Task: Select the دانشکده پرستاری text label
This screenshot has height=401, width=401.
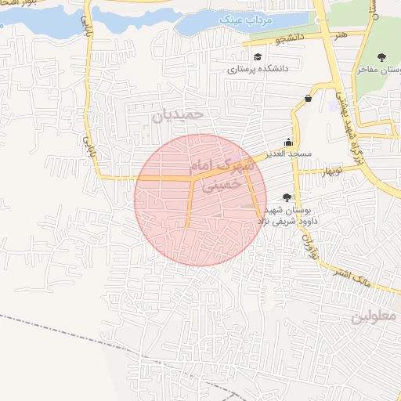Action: coord(258,69)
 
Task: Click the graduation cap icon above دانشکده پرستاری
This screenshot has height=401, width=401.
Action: coord(258,56)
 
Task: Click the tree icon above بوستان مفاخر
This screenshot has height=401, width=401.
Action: coord(381,56)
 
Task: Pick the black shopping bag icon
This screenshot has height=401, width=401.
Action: coord(308,98)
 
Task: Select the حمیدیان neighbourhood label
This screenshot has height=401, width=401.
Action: coord(178,115)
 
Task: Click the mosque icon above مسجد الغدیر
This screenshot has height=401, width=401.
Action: coord(289,142)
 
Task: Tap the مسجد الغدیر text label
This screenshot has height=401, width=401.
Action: coord(289,154)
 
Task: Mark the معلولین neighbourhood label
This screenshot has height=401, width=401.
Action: coord(375,317)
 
